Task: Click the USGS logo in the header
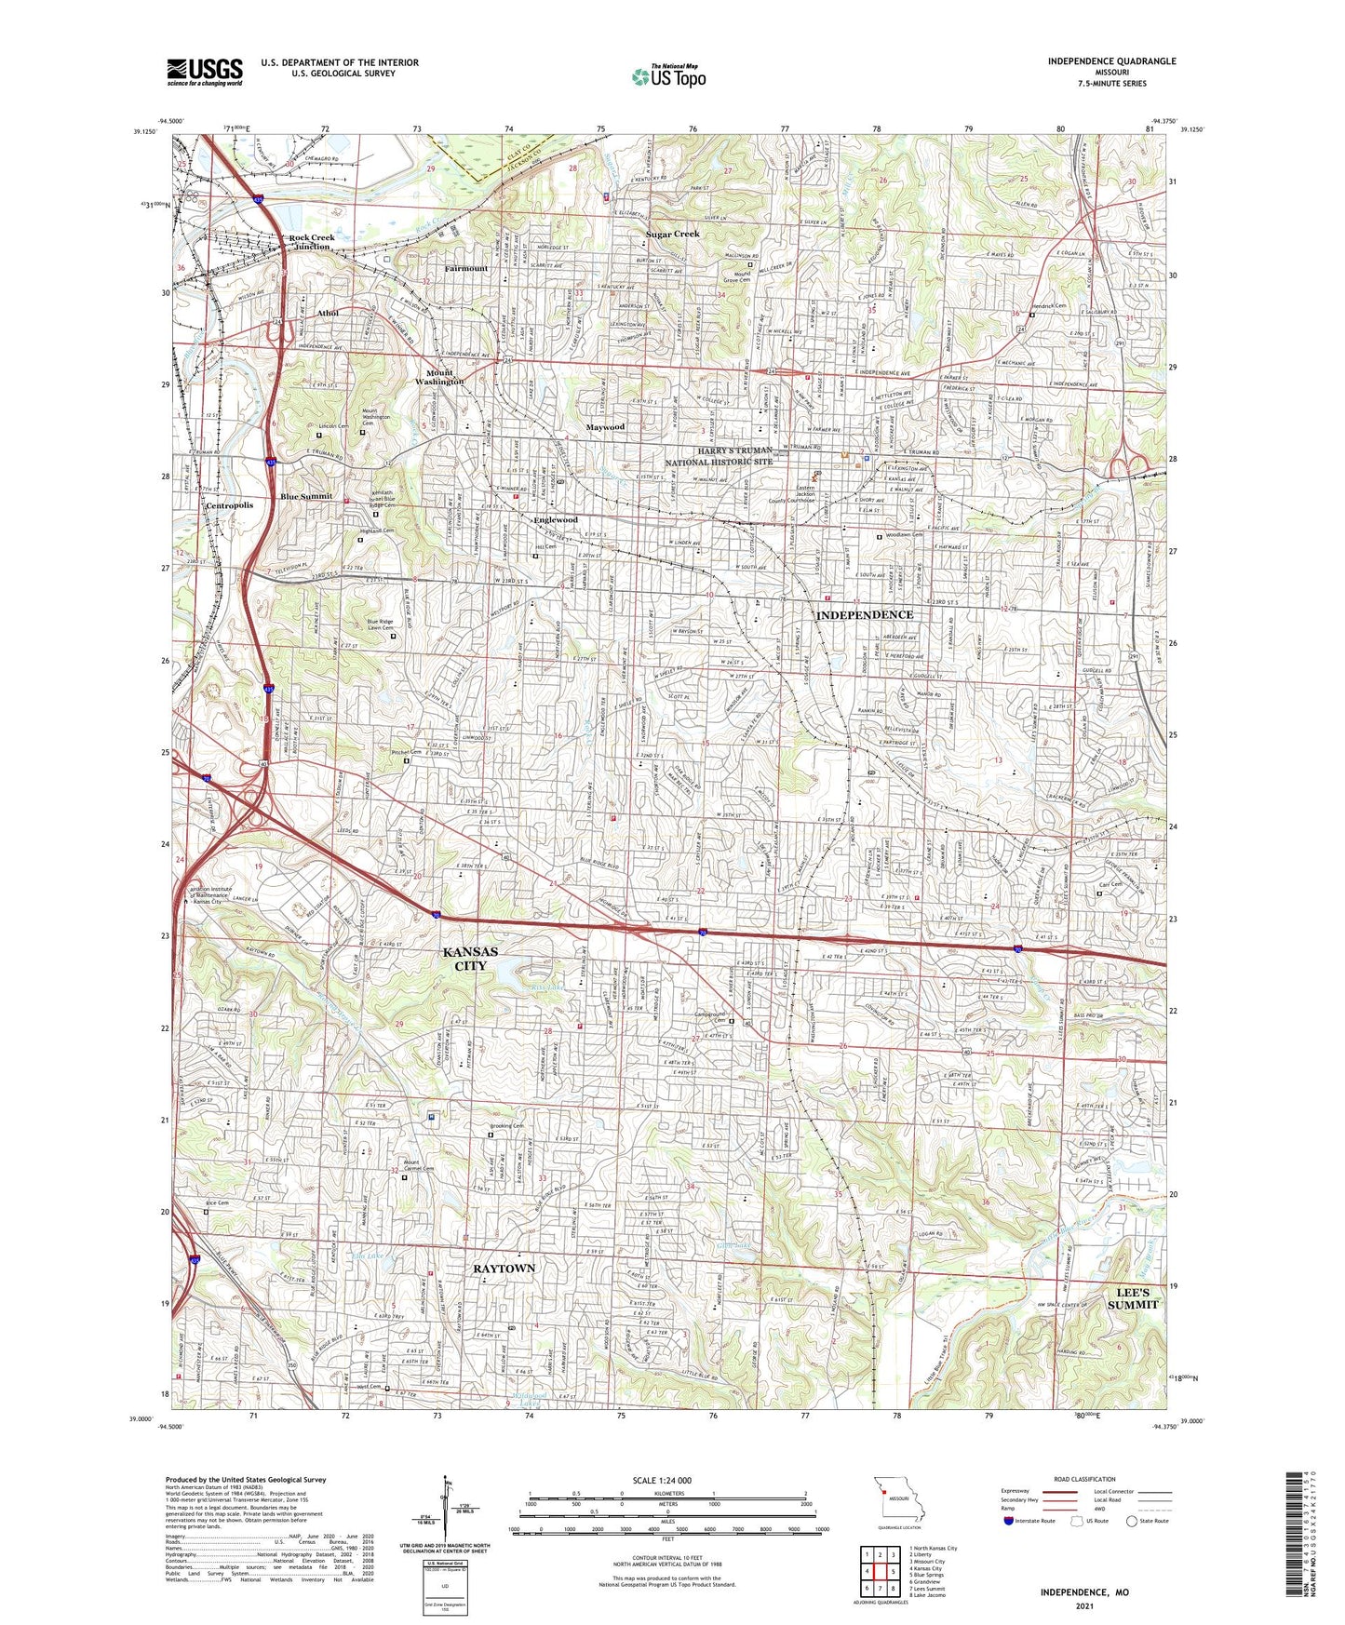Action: point(205,72)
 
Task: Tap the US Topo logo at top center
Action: point(667,76)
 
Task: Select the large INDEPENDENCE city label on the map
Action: point(864,615)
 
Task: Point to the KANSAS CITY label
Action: point(470,959)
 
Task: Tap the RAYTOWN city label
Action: point(504,1269)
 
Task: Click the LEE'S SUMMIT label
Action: point(1133,1298)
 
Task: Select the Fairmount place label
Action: point(465,269)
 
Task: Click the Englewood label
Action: point(556,519)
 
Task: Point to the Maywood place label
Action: point(605,427)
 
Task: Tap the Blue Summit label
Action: point(306,496)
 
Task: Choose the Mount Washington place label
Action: point(439,378)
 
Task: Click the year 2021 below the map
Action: point(1083,1607)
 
